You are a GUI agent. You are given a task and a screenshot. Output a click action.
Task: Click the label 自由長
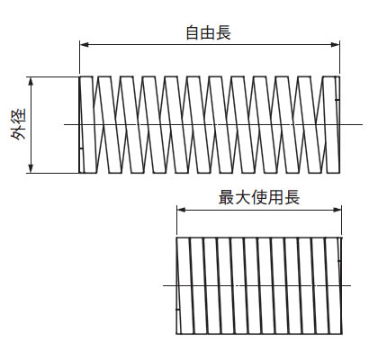pyautogui.click(x=209, y=32)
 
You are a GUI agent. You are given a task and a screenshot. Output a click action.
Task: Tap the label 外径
pyautogui.click(x=19, y=124)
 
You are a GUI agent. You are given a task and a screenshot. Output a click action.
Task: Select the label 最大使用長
pyautogui.click(x=259, y=197)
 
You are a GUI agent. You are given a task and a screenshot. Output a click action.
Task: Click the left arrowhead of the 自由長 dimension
pyautogui.click(x=85, y=45)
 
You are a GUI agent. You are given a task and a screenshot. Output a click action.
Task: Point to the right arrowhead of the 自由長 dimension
pyautogui.click(x=335, y=45)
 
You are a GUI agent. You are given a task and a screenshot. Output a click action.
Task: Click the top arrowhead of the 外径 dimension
pyautogui.click(x=31, y=82)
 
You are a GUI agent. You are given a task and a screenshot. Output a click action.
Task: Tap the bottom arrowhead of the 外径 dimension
pyautogui.click(x=31, y=168)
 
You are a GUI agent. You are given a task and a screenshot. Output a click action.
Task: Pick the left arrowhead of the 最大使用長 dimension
pyautogui.click(x=182, y=210)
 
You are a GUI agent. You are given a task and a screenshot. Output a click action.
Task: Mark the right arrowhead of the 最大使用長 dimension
pyautogui.click(x=337, y=210)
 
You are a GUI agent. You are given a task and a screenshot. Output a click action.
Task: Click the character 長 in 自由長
pyautogui.click(x=224, y=32)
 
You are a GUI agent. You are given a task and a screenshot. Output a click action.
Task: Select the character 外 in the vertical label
pyautogui.click(x=19, y=132)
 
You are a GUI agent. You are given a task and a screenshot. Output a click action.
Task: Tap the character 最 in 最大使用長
pyautogui.click(x=226, y=197)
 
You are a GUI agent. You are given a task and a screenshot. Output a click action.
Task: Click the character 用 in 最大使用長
pyautogui.click(x=275, y=197)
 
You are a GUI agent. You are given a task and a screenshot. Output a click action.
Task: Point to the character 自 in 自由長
pyautogui.click(x=193, y=32)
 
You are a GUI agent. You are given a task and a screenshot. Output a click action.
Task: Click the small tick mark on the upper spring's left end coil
pyautogui.click(x=81, y=148)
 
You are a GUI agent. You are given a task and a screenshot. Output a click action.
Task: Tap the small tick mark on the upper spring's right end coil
pyautogui.click(x=337, y=99)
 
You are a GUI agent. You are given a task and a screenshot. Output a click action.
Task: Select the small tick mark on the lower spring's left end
pyautogui.click(x=177, y=309)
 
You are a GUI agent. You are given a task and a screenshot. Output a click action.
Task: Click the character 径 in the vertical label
pyautogui.click(x=19, y=116)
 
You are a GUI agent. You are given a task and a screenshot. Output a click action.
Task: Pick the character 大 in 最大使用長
pyautogui.click(x=243, y=197)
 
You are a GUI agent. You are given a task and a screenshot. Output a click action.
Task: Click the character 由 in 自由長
pyautogui.click(x=209, y=32)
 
